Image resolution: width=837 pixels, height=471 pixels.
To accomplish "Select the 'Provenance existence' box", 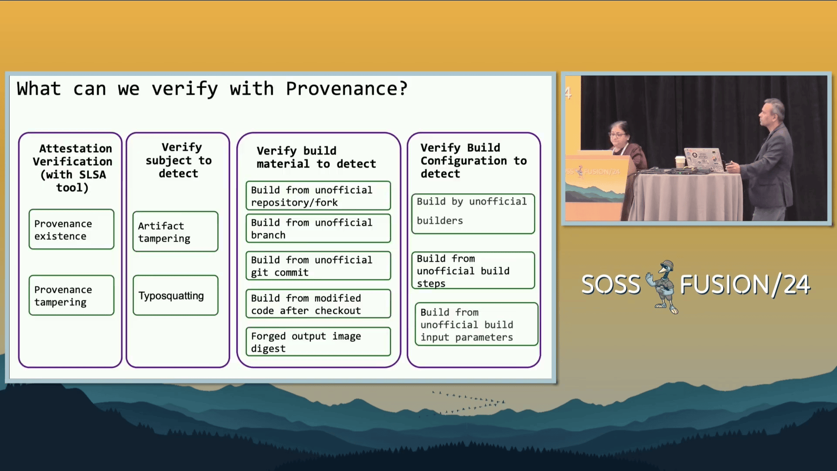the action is click(71, 229).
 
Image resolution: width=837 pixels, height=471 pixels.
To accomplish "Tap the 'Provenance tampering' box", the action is click(71, 295).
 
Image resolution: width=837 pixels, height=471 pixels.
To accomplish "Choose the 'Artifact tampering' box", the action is click(175, 232).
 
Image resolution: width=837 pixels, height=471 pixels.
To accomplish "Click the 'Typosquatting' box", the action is click(175, 295).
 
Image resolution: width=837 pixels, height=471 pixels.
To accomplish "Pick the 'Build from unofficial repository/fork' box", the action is click(318, 196).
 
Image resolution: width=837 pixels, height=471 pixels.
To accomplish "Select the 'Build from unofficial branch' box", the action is click(318, 228).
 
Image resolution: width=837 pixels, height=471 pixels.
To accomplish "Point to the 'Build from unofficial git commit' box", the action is click(318, 266).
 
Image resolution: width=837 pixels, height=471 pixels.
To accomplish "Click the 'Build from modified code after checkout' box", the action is click(318, 304).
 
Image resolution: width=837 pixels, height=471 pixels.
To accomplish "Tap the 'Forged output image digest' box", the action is click(318, 342).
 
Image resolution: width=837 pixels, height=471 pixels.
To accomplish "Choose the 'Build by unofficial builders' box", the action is click(473, 214).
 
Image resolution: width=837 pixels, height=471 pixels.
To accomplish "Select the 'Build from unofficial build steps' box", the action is click(473, 270).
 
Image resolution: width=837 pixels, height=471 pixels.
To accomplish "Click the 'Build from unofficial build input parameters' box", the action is click(476, 324).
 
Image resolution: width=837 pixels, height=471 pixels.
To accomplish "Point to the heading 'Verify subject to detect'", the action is click(178, 160).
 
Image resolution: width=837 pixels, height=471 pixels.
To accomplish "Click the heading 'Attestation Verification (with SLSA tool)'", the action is click(72, 168).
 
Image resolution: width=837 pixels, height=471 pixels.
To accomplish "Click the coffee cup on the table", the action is click(680, 162).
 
